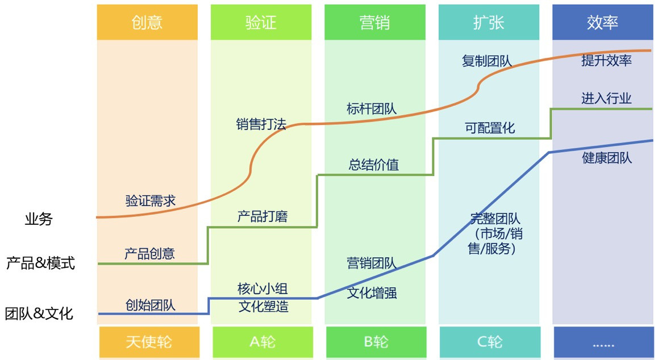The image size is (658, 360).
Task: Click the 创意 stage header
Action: pos(147,22)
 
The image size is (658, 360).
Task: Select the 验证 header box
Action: pos(261,22)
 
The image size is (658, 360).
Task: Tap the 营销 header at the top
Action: pos(374,22)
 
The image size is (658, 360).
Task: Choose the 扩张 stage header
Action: pos(489,22)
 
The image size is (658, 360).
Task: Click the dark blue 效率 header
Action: pos(603,22)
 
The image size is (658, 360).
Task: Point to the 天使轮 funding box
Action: pos(149,342)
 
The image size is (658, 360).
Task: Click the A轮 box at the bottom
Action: pos(262,342)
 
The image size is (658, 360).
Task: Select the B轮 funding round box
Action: pos(376,342)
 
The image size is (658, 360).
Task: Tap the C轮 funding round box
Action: pos(489,342)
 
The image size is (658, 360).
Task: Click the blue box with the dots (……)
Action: pos(603,342)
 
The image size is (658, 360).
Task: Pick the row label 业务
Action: pos(39,219)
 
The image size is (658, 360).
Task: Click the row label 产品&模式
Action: pos(40,263)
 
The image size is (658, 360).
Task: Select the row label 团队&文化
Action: pos(39,313)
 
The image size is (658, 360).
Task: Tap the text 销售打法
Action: pos(261,124)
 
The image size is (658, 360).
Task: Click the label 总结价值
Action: pos(374,165)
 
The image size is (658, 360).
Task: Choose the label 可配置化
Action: pos(490,128)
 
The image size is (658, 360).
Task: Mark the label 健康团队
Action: pos(607,158)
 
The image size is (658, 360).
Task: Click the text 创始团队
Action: pos(151,305)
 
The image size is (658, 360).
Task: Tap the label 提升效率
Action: pos(607,61)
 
